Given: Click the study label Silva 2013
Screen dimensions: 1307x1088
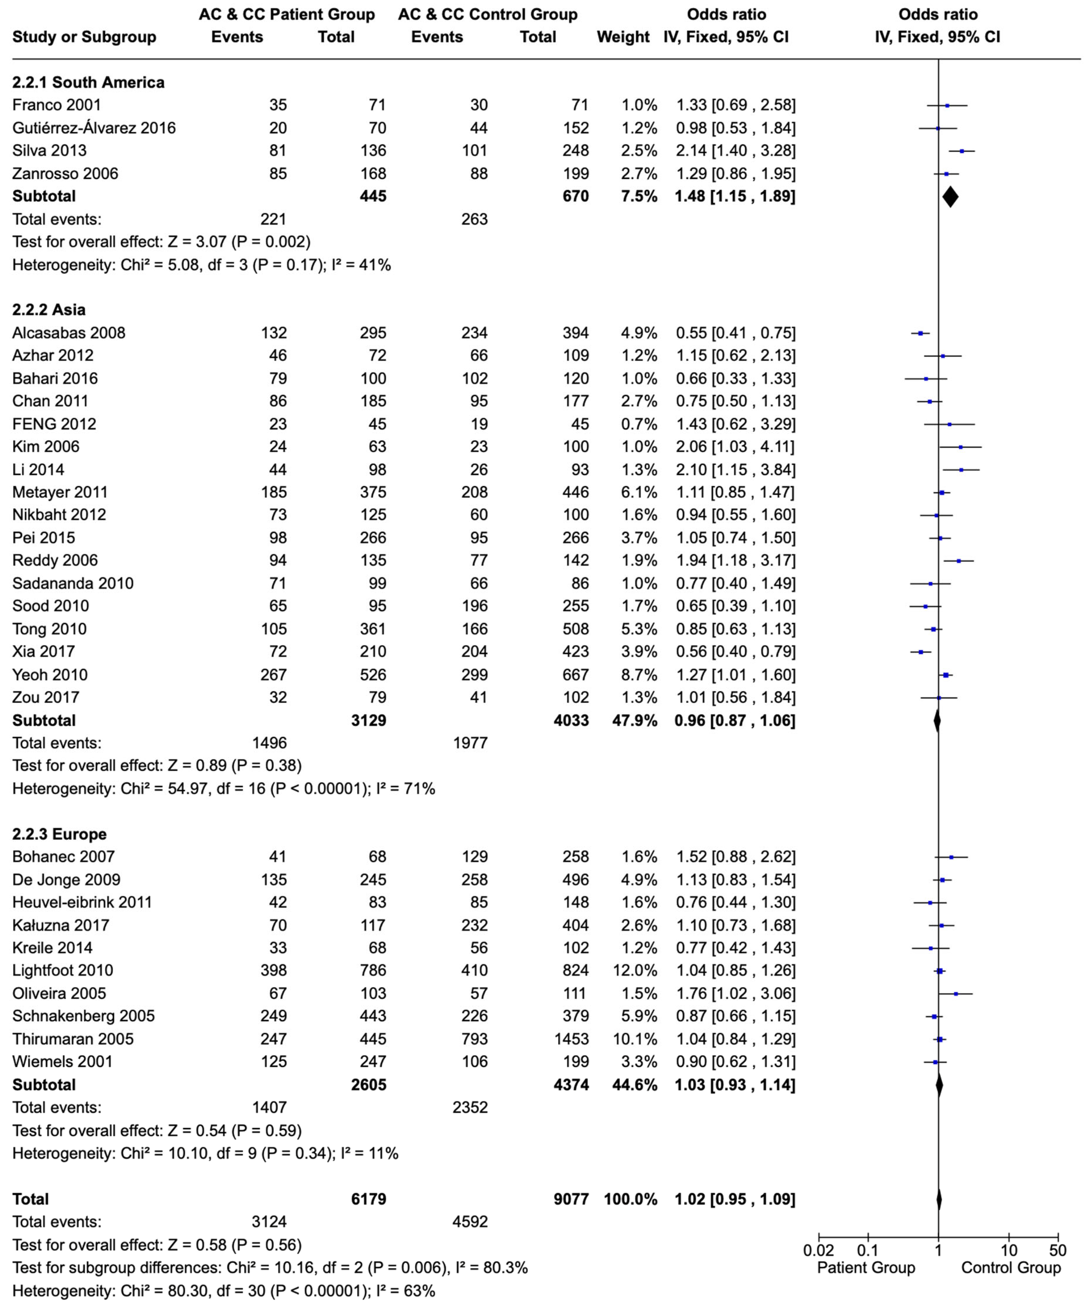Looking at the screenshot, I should pyautogui.click(x=50, y=151).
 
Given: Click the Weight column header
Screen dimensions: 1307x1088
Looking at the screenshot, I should pyautogui.click(x=623, y=37).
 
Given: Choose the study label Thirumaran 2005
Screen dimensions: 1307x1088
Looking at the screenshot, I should pyautogui.click(x=73, y=1039).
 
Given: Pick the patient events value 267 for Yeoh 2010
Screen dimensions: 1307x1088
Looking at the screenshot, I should pyautogui.click(x=274, y=675).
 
